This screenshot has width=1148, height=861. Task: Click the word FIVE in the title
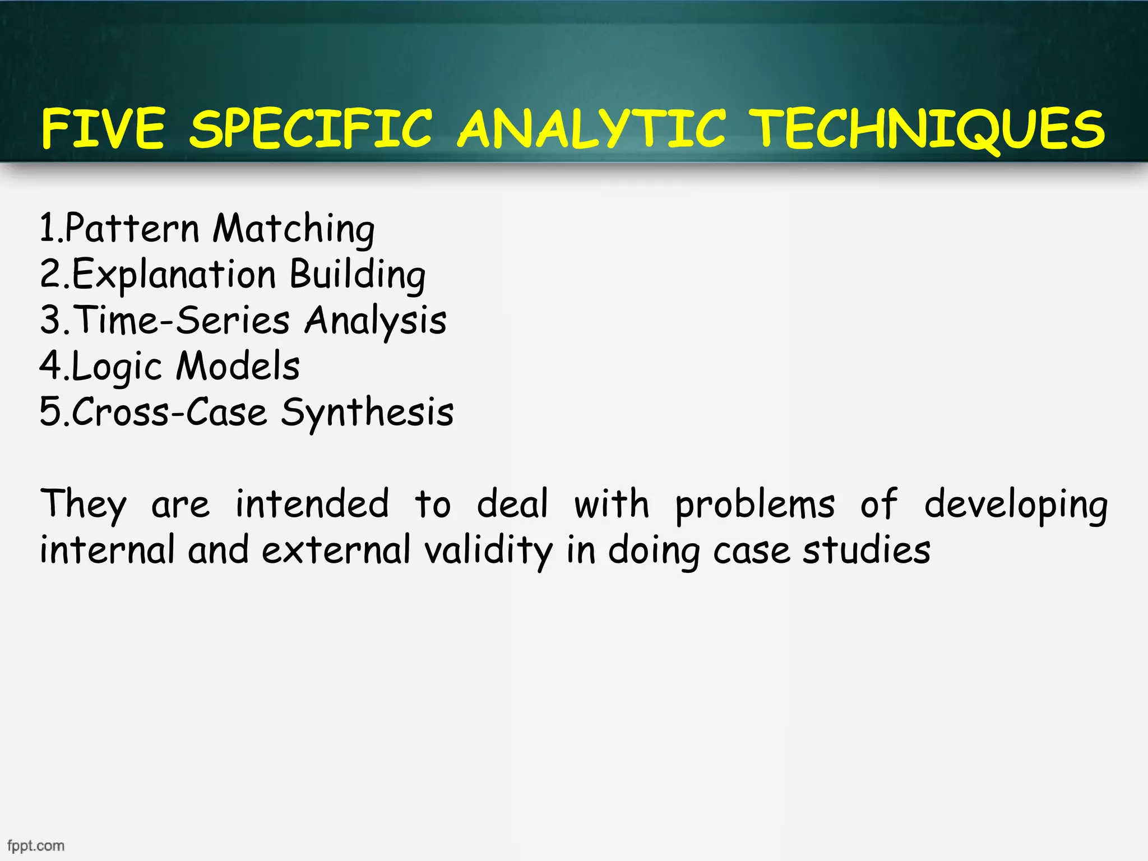point(103,129)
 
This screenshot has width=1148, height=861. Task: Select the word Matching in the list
point(294,229)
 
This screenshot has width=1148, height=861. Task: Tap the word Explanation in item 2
point(174,275)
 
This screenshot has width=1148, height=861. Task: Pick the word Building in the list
point(358,275)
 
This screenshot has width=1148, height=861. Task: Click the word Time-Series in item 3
point(182,320)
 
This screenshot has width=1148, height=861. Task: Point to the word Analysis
point(376,321)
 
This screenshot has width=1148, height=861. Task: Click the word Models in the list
point(238,366)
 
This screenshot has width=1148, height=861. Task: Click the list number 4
point(50,365)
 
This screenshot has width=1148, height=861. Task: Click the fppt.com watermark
point(36,845)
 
